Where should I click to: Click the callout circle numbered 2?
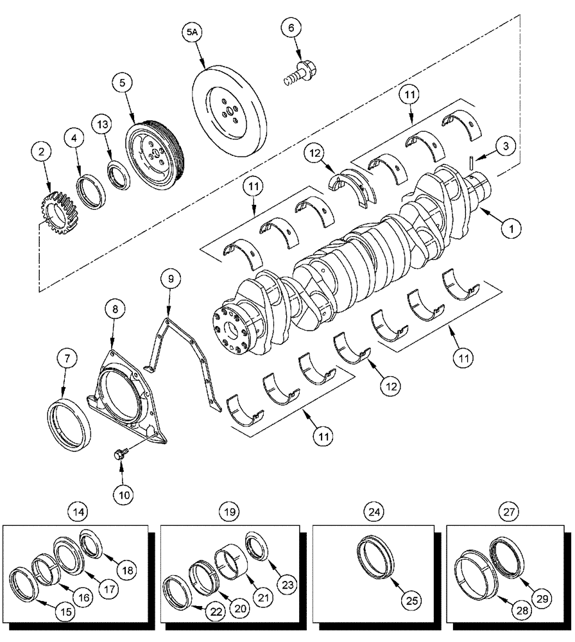click(x=42, y=152)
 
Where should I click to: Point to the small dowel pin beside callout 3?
click(x=472, y=163)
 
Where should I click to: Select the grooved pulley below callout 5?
click(x=155, y=150)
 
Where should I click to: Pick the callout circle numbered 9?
click(x=171, y=279)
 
